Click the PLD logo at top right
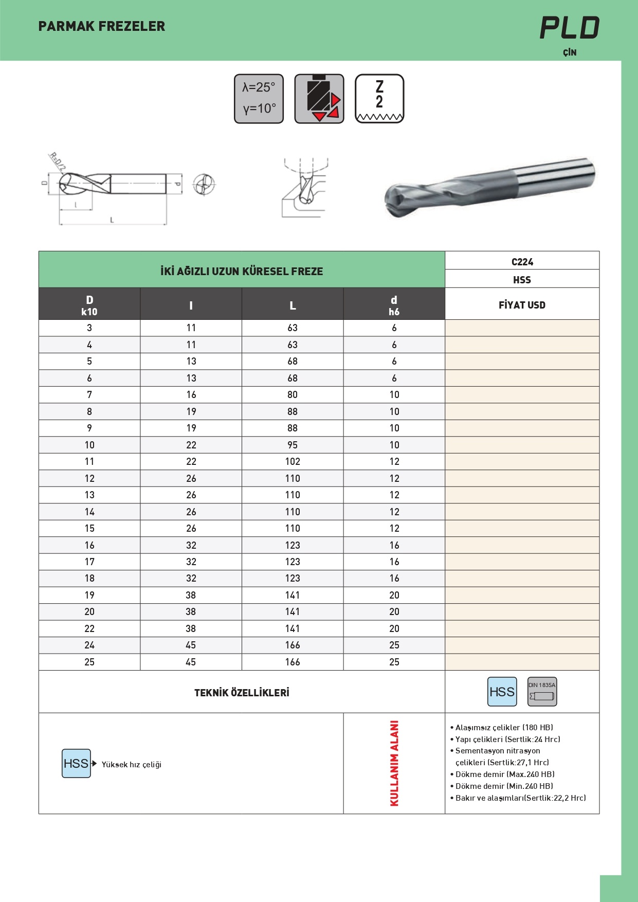(x=569, y=28)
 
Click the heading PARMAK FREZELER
(x=102, y=26)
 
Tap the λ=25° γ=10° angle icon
(x=259, y=99)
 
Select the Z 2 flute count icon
(x=379, y=99)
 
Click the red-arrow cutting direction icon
(x=319, y=99)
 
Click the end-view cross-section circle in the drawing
(x=204, y=184)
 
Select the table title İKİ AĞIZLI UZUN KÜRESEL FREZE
(x=242, y=271)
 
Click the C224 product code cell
(x=522, y=262)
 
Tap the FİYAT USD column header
(x=522, y=305)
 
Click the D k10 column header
(x=89, y=305)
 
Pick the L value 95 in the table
(x=293, y=445)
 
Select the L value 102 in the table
(x=293, y=462)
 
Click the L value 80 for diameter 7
(x=293, y=394)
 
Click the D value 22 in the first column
(x=89, y=628)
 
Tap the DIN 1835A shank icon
(x=542, y=692)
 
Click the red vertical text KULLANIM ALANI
(x=394, y=763)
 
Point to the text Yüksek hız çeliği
(x=132, y=765)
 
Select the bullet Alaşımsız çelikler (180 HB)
(x=504, y=728)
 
